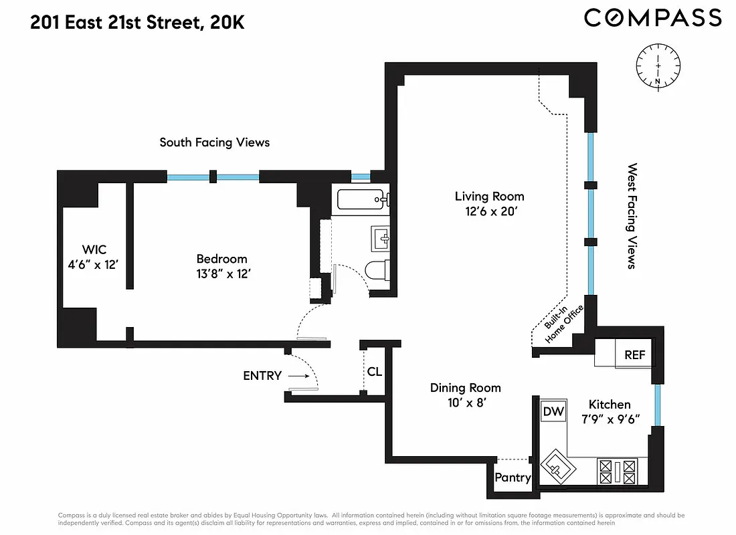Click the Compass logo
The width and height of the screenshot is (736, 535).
652,18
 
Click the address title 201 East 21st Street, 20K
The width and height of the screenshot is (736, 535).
137,23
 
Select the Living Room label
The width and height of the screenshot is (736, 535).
489,197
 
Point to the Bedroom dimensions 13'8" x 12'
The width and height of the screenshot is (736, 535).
221,274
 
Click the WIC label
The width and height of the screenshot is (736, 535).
94,250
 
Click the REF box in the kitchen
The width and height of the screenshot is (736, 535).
634,355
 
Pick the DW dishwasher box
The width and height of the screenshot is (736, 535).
553,411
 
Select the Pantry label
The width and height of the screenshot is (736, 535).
513,477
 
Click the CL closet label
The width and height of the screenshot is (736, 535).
374,371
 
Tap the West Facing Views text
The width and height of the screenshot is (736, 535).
630,215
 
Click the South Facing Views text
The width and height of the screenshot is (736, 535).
214,142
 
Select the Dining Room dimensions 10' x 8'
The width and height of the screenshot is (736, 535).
465,402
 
